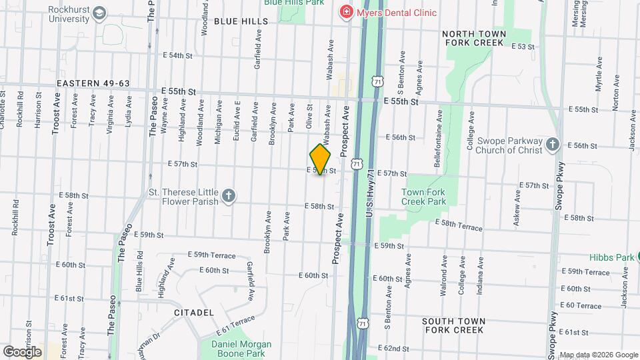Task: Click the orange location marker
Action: pos(321,160)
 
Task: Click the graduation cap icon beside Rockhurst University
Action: pos(99,13)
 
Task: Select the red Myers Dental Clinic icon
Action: pos(345,11)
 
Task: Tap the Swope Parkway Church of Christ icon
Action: pos(552,144)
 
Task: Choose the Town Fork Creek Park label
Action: pos(423,197)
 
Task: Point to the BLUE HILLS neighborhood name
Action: pos(241,21)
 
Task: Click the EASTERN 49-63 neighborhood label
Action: pos(93,83)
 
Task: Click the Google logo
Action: pos(22,351)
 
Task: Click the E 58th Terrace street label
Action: pos(459,225)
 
